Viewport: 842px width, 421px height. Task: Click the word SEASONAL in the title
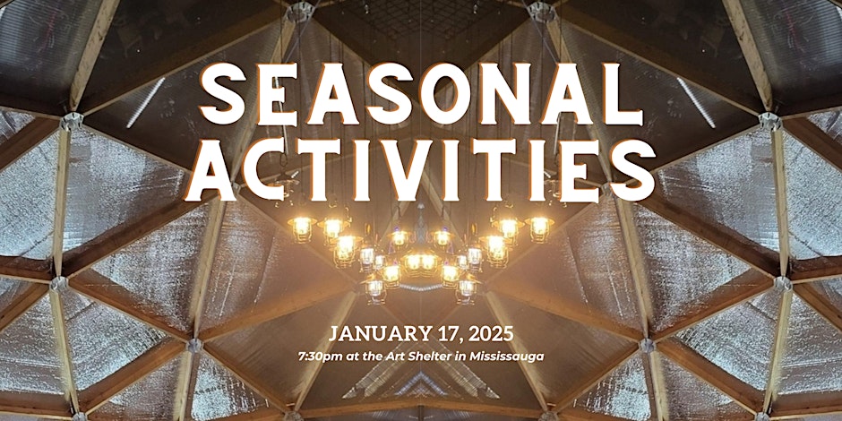coord(420,96)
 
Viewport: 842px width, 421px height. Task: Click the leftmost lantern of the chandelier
coord(301,228)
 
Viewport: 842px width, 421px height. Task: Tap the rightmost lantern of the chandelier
coord(539,228)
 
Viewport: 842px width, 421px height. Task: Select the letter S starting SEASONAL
coord(224,96)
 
